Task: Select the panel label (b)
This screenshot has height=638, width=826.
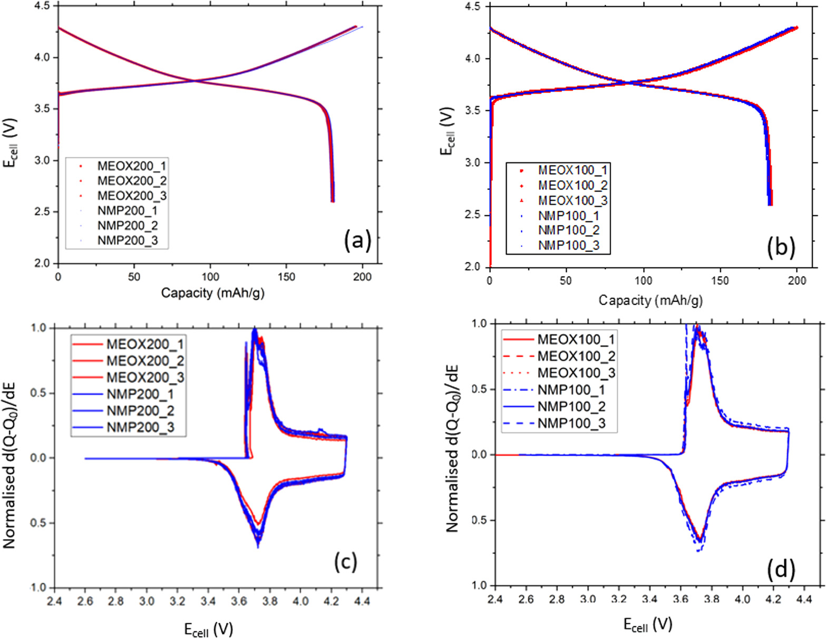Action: [x=781, y=247]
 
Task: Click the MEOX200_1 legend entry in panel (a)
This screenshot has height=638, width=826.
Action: [x=132, y=166]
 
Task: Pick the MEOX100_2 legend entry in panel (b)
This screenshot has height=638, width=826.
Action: [x=572, y=185]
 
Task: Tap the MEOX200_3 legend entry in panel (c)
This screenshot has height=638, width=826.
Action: [x=145, y=377]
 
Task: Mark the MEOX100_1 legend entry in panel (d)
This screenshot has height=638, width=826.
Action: [x=576, y=339]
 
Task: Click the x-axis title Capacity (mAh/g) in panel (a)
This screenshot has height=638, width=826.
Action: [x=212, y=293]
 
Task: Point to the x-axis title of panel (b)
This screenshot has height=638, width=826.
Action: [x=650, y=300]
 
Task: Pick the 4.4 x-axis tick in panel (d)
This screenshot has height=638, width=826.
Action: [x=804, y=600]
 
